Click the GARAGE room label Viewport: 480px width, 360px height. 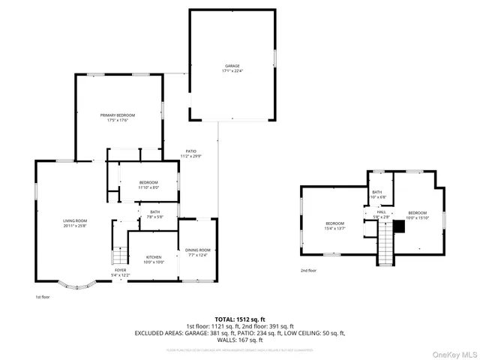point(232,67)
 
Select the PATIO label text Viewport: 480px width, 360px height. point(191,151)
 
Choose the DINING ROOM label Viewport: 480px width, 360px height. point(199,250)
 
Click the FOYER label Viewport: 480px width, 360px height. point(121,270)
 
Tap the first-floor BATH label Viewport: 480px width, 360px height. point(154,212)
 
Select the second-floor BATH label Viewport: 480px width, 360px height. point(377,192)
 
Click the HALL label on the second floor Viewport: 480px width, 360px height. point(381,212)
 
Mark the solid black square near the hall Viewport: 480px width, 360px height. point(399,226)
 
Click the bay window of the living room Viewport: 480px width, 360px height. point(77,285)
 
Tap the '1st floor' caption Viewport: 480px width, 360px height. point(43,298)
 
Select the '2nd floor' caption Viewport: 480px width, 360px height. point(308,271)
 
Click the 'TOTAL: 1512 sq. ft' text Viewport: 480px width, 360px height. point(239,318)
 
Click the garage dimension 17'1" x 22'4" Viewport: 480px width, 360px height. point(232,72)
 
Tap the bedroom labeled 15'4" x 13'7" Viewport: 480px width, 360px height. point(334,226)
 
